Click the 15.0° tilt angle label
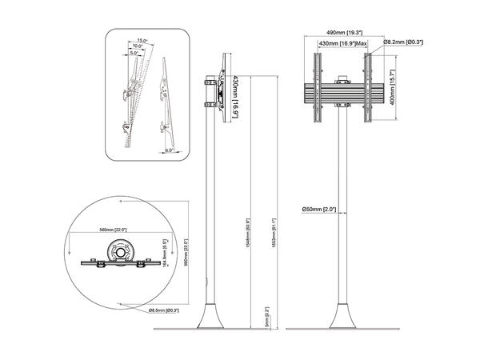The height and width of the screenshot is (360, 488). click(143, 40)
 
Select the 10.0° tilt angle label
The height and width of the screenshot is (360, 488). click(138, 46)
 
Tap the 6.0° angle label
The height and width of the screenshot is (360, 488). click(170, 150)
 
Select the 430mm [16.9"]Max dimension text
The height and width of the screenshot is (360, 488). click(342, 46)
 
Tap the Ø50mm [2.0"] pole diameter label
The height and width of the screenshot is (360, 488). click(318, 210)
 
